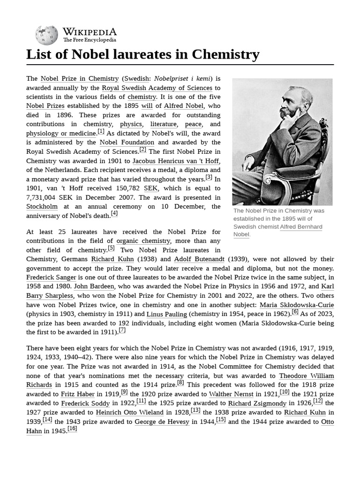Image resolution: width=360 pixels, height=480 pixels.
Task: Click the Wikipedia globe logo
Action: [x=46, y=35]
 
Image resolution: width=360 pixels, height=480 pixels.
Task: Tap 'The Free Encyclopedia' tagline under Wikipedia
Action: [x=90, y=40]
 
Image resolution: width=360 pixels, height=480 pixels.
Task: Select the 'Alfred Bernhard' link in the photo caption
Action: [x=301, y=227]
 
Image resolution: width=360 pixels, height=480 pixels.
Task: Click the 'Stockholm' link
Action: [x=42, y=206]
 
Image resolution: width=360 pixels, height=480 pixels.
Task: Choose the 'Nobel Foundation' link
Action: [x=127, y=142]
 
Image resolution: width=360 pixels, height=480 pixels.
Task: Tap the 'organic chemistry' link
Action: [x=143, y=241]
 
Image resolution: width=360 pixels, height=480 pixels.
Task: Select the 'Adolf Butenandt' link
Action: [x=199, y=259]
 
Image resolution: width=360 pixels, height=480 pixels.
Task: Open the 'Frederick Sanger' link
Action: [x=51, y=277]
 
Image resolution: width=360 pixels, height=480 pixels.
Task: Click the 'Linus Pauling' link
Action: [x=167, y=314]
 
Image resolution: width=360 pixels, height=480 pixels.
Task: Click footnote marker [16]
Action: [x=72, y=428]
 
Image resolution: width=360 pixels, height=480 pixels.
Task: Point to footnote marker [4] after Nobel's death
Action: [x=114, y=213]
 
